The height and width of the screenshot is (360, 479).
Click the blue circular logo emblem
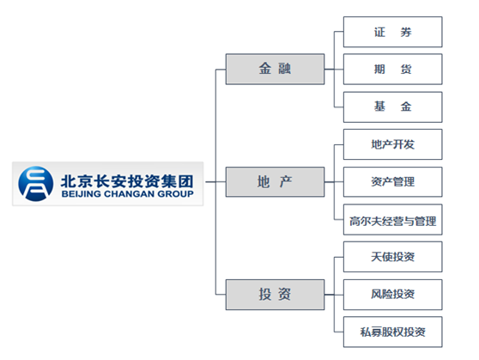coord(36,184)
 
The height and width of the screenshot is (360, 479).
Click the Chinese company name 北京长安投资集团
coord(127,181)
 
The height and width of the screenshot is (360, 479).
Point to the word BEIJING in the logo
coord(82,194)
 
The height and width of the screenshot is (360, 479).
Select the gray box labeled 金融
coord(275,69)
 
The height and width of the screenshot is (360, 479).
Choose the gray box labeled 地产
coord(275,181)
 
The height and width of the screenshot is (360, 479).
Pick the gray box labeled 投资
coord(275,295)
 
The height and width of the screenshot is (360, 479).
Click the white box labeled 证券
coord(393,32)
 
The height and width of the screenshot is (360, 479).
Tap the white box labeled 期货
coord(393,69)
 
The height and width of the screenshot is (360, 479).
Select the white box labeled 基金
coord(393,107)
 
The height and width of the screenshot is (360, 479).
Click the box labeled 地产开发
coord(393,144)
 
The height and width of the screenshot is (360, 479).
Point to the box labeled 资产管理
coord(393,181)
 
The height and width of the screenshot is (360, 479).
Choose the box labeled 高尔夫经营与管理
coord(393,220)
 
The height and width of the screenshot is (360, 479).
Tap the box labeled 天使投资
coord(393,257)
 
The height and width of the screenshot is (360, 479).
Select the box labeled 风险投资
coord(393,295)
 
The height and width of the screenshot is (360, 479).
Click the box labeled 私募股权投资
coord(393,332)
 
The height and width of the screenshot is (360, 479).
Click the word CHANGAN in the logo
coord(130,194)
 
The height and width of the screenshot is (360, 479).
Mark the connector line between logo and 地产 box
coord(215,181)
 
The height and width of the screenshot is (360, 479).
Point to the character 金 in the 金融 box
coord(265,69)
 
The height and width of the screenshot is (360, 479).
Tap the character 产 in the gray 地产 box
coord(286,181)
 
